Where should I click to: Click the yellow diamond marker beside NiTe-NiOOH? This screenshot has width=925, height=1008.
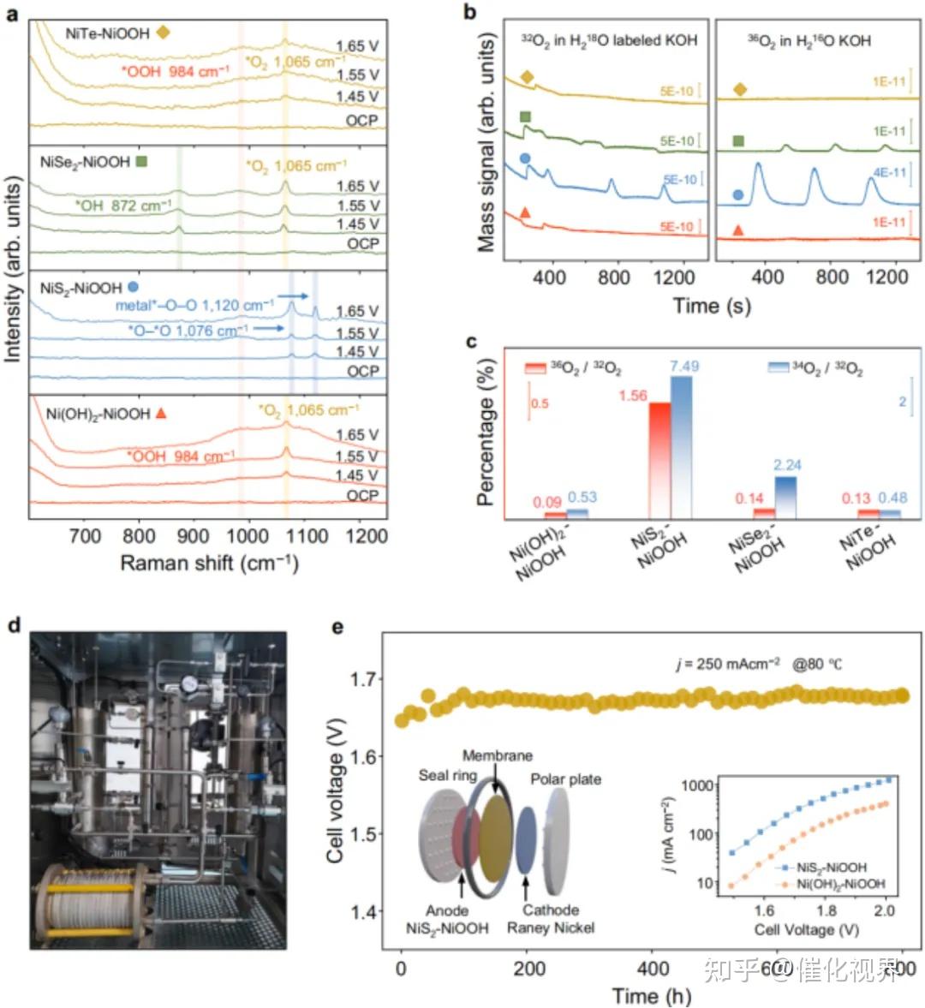click(164, 33)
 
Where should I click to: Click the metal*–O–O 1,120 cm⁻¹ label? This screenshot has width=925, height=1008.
click(195, 304)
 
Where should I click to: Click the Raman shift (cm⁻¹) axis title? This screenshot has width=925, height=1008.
click(209, 563)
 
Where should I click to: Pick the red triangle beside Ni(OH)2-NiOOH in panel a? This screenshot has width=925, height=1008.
click(160, 414)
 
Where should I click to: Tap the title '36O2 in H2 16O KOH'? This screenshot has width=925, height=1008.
click(809, 39)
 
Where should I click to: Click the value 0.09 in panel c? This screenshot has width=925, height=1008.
click(547, 503)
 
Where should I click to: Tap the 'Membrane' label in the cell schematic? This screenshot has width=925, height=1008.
click(497, 755)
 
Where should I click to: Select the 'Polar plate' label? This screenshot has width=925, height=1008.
click(565, 779)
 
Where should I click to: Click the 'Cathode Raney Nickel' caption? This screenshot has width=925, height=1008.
click(550, 918)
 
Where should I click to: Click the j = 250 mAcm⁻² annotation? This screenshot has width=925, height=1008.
click(728, 663)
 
